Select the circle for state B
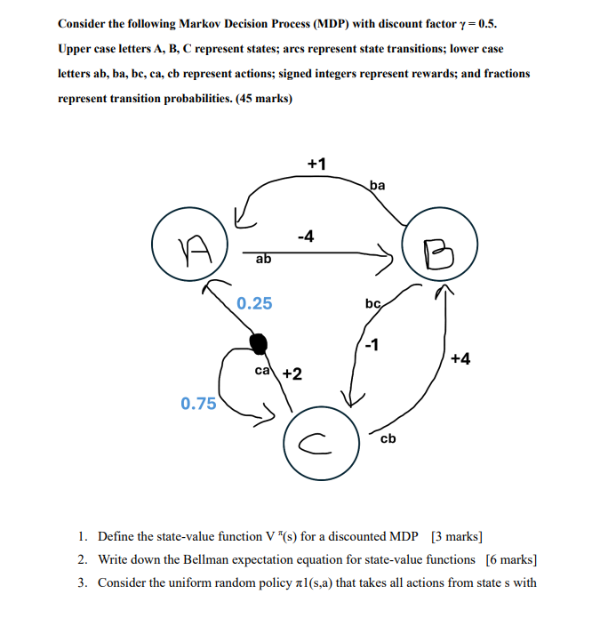coord(438,252)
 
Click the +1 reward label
coord(316,165)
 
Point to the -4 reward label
coord(305,237)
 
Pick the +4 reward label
coord(460,358)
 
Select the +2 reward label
coord(292,373)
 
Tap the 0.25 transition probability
coord(254,304)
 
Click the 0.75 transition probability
coord(198,404)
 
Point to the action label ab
coord(263,259)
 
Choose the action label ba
coord(377,186)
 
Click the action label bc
coord(373,305)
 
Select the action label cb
coord(388,438)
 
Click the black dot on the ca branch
coord(258,342)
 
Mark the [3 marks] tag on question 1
coord(457,536)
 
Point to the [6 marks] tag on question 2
coord(511,559)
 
